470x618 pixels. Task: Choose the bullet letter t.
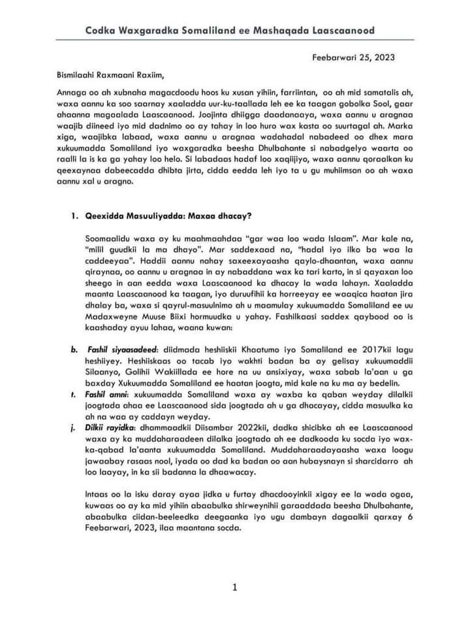pos(74,397)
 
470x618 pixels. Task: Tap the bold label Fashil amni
pos(108,397)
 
